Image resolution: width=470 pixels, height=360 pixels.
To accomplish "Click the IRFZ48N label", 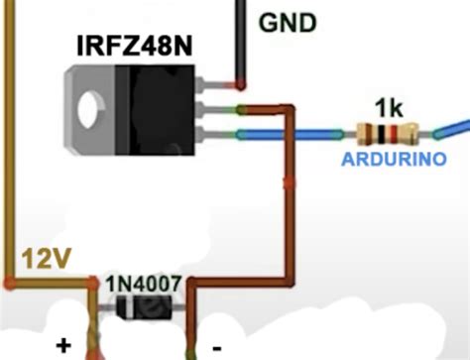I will click(136, 46).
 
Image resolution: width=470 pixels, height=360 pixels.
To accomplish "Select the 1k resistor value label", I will click(389, 106).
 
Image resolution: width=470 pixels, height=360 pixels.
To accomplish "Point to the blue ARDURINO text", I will click(393, 159).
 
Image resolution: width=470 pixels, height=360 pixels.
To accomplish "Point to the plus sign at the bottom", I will click(64, 346).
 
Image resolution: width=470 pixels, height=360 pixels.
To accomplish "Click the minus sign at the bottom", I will click(216, 346).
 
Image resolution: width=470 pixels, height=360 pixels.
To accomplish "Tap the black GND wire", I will click(239, 40).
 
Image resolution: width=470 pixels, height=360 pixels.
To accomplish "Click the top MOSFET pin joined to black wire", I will click(213, 86).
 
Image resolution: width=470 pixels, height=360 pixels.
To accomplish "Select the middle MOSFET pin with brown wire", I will click(213, 109).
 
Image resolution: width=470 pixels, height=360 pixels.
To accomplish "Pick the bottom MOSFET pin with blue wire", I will click(213, 132).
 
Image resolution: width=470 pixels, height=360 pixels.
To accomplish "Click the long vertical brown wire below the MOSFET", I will click(289, 198).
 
